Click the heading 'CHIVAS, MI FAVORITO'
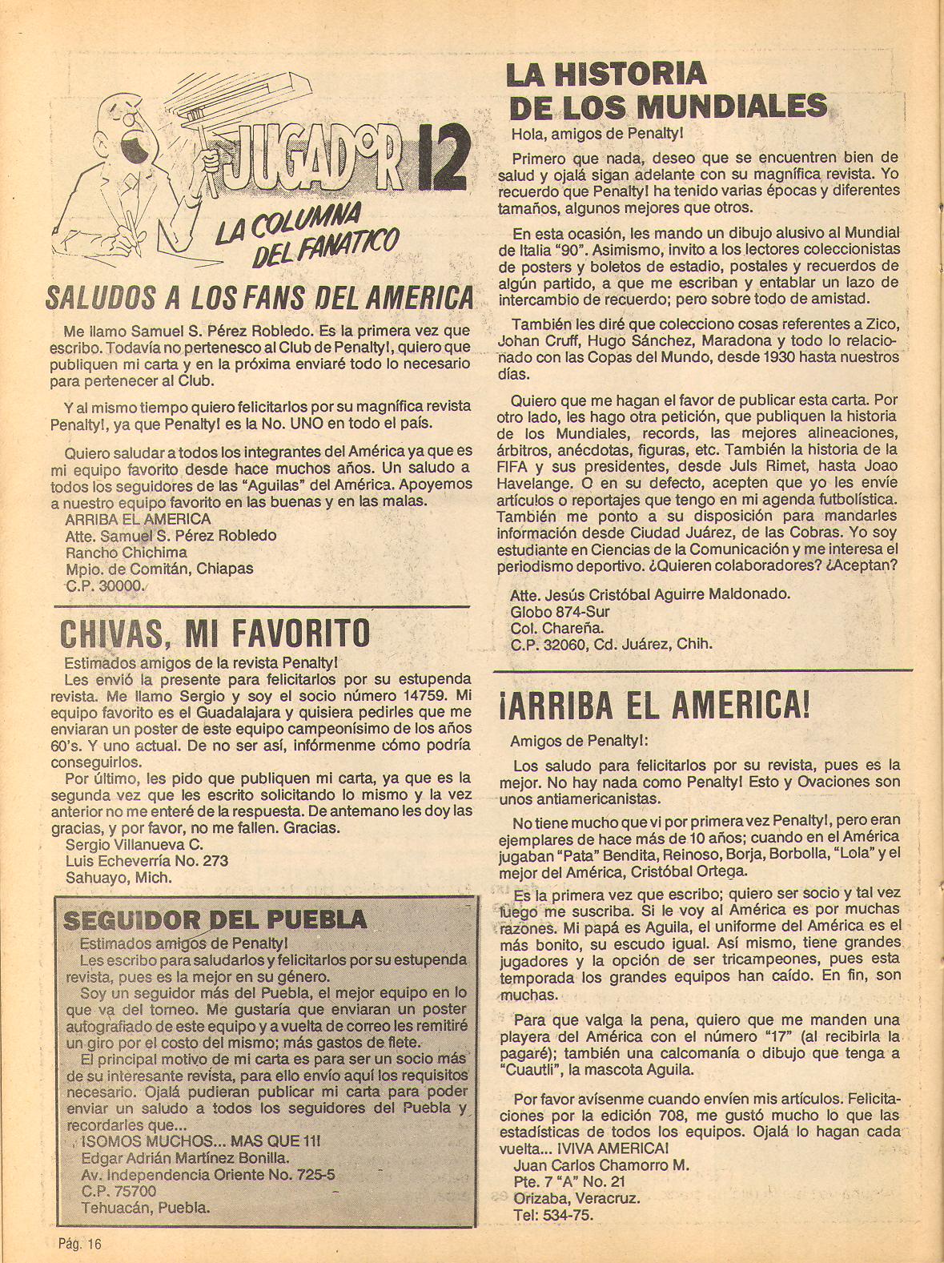[x=215, y=634]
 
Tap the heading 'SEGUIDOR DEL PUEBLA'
[x=215, y=919]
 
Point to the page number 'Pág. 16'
[x=79, y=1243]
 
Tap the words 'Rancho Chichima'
[x=126, y=552]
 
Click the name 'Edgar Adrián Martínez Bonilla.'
[x=185, y=1157]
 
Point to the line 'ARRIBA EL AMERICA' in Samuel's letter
[x=138, y=519]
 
